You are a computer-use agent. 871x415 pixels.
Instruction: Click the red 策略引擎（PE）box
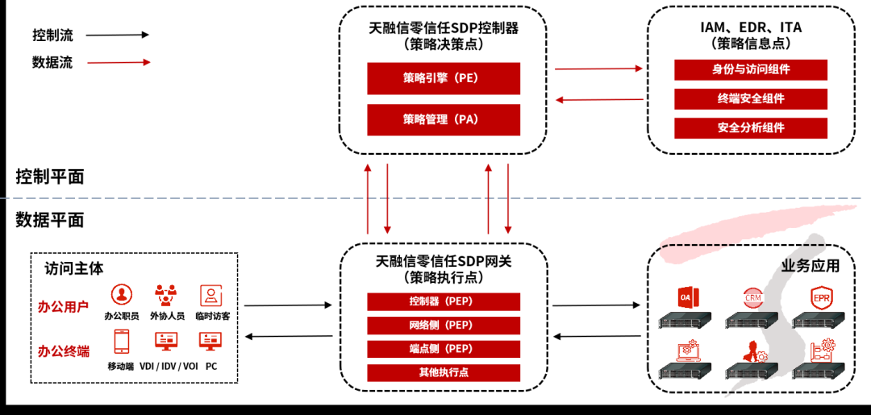click(x=444, y=78)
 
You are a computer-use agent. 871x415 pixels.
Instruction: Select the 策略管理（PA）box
click(x=444, y=119)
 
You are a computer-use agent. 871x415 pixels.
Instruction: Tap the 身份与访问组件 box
click(x=751, y=69)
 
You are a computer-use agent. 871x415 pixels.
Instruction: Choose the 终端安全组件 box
click(x=751, y=98)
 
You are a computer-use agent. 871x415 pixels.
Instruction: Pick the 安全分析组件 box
click(x=751, y=127)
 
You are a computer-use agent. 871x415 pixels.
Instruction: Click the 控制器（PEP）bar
click(x=444, y=302)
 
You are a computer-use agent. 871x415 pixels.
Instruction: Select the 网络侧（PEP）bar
click(x=444, y=326)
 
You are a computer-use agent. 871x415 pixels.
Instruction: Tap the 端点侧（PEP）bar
click(x=444, y=349)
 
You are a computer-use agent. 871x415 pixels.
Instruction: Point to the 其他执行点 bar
click(x=444, y=372)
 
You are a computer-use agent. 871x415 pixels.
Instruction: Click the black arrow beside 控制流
click(x=117, y=35)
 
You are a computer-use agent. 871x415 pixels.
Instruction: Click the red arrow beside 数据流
click(x=117, y=62)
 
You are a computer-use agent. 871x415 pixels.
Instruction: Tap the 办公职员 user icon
click(x=122, y=294)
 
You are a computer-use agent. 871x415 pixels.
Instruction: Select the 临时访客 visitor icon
click(x=211, y=294)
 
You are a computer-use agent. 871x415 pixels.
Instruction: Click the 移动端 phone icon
click(x=122, y=342)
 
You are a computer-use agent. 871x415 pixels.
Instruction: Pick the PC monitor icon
click(x=211, y=342)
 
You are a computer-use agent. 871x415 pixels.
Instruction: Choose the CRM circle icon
click(x=752, y=297)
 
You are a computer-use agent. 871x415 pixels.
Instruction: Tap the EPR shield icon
click(x=820, y=297)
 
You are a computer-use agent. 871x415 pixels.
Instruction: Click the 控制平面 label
click(x=50, y=176)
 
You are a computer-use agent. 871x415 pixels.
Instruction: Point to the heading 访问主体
click(x=74, y=268)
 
